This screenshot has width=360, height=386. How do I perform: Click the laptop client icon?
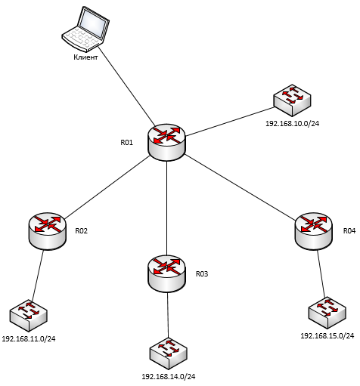85,28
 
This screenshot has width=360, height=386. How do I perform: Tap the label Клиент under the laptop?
85,57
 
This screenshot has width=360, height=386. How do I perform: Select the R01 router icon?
166,142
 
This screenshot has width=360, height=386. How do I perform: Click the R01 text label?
126,143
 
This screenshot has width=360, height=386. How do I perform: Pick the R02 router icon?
48,231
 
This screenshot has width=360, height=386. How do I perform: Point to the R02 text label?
81,231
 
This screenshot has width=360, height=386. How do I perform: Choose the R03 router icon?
166,273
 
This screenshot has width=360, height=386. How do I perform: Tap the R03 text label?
202,273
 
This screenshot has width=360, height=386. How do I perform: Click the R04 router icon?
314,231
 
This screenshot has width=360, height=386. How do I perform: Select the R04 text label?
349,231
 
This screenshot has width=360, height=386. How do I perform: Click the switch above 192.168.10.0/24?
292,100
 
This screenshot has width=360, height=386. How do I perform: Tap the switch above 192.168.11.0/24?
29,316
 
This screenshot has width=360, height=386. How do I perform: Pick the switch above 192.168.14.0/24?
169,354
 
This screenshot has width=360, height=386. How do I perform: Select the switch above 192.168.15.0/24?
327,313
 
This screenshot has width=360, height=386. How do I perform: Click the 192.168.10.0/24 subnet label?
292,124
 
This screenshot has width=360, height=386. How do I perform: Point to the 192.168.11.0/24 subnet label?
29,339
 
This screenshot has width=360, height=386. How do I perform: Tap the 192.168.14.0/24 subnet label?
169,377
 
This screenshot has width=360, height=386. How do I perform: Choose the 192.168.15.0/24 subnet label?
327,336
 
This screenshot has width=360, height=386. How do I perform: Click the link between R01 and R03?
166,208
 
